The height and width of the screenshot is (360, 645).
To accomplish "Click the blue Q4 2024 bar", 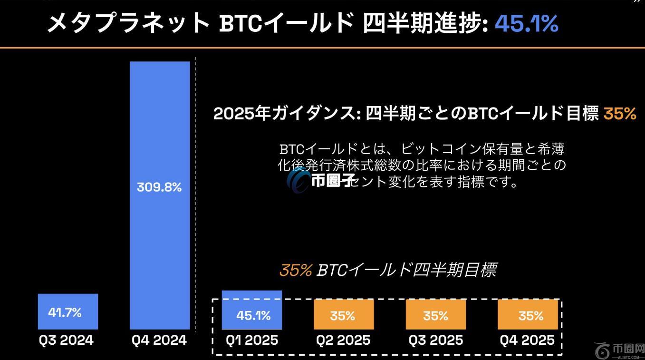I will (x=160, y=119).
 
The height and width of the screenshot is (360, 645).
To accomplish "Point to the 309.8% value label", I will (x=159, y=187).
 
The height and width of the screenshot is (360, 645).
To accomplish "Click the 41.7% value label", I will (x=65, y=312).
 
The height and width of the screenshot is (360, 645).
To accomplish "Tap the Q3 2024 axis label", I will (x=66, y=341).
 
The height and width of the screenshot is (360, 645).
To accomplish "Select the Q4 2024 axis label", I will (x=159, y=341).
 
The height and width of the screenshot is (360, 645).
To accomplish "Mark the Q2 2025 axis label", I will (x=343, y=341).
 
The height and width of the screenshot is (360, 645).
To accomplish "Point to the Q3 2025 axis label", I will (x=435, y=341).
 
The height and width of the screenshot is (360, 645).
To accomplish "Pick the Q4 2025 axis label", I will (x=527, y=341).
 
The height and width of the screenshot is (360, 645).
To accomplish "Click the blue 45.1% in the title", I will (x=526, y=23).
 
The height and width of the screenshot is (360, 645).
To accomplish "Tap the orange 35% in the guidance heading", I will (x=619, y=114).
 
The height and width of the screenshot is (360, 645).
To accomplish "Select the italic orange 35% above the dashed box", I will (x=295, y=270).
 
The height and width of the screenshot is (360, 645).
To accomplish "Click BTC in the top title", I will (x=241, y=23).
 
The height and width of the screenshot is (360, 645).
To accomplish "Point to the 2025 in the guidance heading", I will (x=230, y=114).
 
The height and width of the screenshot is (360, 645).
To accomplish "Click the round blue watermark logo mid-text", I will (x=298, y=181).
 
